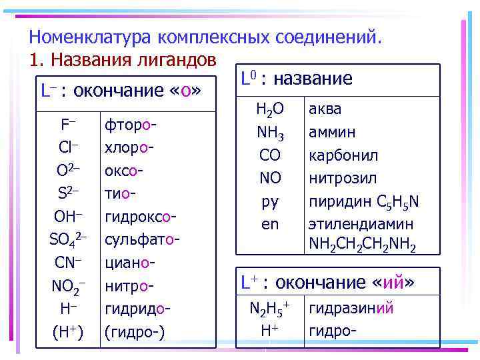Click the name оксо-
click(125, 171)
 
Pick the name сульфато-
click(141, 239)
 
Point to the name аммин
click(331, 132)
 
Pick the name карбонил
click(343, 155)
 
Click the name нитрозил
click(342, 178)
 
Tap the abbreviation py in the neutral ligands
click(270, 201)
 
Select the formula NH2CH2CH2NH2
click(363, 245)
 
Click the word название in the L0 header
click(313, 79)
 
